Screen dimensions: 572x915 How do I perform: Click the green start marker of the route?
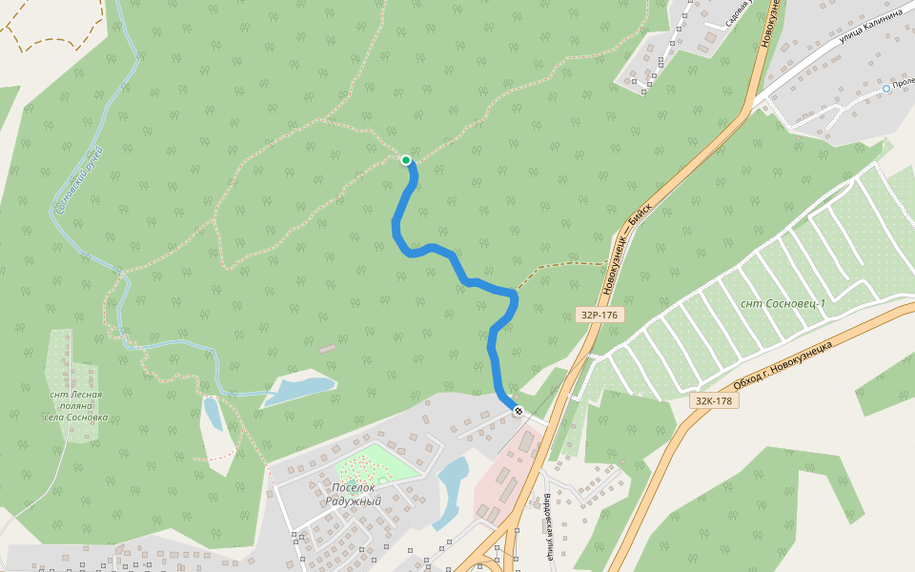point(406,160)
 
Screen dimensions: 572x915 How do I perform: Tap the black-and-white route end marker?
point(518,411)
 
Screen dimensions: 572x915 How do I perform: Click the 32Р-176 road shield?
point(600,315)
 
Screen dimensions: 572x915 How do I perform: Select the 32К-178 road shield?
point(713,401)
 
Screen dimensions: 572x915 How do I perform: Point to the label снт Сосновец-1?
point(783,303)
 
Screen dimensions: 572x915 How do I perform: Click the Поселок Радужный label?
point(352,494)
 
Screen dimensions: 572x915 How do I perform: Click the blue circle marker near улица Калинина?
point(886,88)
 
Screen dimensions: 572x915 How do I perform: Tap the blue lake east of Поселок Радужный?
point(450,488)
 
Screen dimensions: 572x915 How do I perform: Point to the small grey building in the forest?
point(328,349)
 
